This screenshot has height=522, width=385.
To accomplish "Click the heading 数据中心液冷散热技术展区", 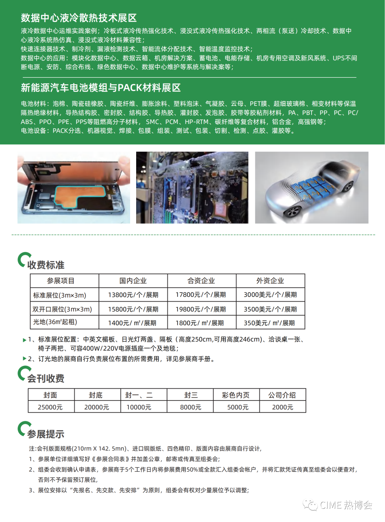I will coord(79,18).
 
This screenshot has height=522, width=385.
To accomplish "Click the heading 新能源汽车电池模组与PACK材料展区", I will coord(101,88).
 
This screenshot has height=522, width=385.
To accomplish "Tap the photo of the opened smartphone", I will coord(74,188).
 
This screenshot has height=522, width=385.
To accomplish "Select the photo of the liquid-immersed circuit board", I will coord(192,188).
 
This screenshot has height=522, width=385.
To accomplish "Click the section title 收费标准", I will coord(46,265).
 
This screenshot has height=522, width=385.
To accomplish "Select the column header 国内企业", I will coord(133,281).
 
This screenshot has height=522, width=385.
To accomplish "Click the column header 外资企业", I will coord(270,281).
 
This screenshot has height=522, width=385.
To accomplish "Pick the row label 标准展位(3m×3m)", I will coord(60,295).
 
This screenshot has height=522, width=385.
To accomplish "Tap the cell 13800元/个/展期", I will coord(133,295).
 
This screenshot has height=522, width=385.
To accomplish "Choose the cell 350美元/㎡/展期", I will coord(269,323).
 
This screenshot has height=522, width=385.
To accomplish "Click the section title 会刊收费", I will coord(46,378).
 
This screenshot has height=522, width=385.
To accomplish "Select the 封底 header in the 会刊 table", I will coord(96,395).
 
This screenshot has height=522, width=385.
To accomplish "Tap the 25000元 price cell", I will coord(50,407).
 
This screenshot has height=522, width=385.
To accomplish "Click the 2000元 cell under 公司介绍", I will coord(282,407).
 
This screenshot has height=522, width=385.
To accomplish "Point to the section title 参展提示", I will coord(46,434).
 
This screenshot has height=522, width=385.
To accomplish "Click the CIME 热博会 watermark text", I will coord(346,505).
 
